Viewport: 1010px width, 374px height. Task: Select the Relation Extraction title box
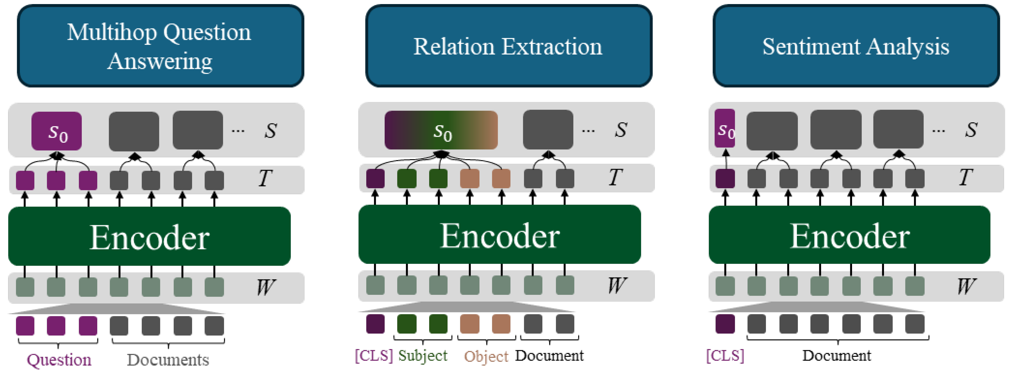point(509,46)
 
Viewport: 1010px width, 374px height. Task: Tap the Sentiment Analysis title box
point(856,46)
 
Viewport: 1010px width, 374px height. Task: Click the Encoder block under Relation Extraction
point(500,235)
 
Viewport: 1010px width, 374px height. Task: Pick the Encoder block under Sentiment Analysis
point(849,235)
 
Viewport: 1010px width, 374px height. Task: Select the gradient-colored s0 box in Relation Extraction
point(441,130)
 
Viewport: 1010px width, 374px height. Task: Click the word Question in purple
point(59,359)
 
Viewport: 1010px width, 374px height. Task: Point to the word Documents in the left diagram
point(168,359)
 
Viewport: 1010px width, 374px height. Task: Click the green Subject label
point(423,356)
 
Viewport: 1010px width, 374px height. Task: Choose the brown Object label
point(486,356)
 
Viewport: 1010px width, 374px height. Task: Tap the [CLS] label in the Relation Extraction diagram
point(374,356)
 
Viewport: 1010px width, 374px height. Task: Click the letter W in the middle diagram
point(617,285)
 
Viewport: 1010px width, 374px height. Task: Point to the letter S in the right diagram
point(971,130)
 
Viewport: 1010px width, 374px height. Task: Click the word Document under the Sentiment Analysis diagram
point(836,356)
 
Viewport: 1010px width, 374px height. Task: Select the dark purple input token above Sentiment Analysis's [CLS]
point(725,324)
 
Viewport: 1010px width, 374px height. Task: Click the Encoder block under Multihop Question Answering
point(149,236)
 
